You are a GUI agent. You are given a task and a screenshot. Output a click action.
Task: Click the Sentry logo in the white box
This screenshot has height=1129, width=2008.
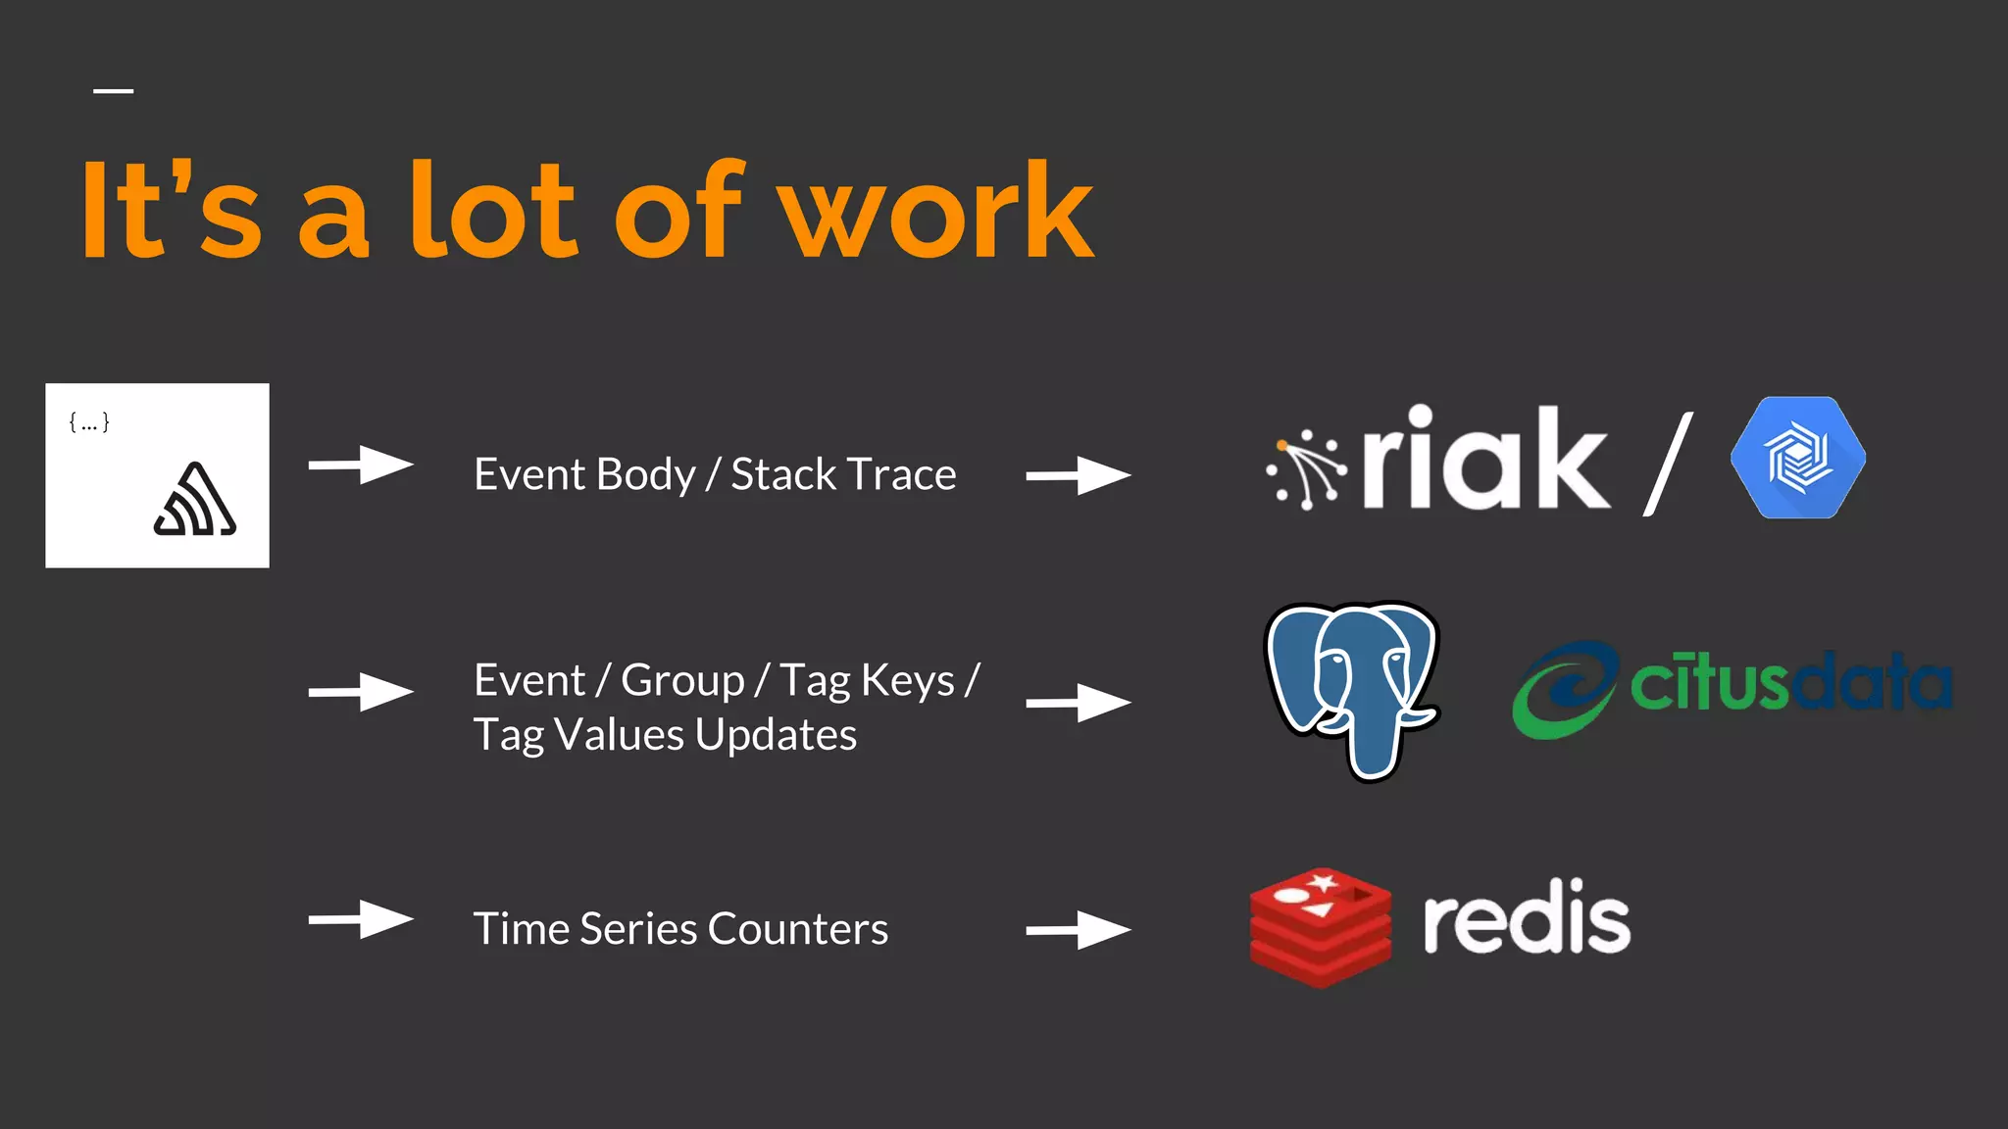click(x=195, y=501)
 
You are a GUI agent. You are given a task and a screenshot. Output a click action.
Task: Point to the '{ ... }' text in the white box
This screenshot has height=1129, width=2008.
click(x=89, y=422)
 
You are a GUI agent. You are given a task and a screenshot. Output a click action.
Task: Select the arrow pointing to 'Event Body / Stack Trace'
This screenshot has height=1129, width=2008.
click(x=360, y=465)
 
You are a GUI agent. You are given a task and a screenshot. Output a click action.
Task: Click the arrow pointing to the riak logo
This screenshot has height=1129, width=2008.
click(x=1078, y=475)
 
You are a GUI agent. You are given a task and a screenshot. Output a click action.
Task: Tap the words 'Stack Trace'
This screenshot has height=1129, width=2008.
click(x=843, y=474)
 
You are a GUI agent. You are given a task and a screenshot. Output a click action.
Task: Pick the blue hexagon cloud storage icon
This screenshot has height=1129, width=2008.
click(x=1798, y=458)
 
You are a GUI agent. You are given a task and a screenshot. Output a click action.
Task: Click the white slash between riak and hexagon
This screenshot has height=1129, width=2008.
click(x=1668, y=464)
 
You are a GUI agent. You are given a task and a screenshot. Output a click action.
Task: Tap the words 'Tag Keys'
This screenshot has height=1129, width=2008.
click(x=867, y=681)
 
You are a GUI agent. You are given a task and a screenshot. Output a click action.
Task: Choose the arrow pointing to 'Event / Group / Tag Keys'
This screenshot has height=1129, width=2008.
click(x=360, y=692)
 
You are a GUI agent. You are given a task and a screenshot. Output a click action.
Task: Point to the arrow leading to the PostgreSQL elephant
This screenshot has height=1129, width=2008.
click(x=1078, y=703)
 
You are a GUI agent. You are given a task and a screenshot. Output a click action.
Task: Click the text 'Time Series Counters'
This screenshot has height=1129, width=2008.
click(x=680, y=928)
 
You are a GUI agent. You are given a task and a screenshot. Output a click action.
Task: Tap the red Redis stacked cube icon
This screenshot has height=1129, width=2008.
click(x=1320, y=926)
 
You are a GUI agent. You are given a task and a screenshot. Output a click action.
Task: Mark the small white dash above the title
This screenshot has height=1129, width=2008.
click(x=114, y=91)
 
